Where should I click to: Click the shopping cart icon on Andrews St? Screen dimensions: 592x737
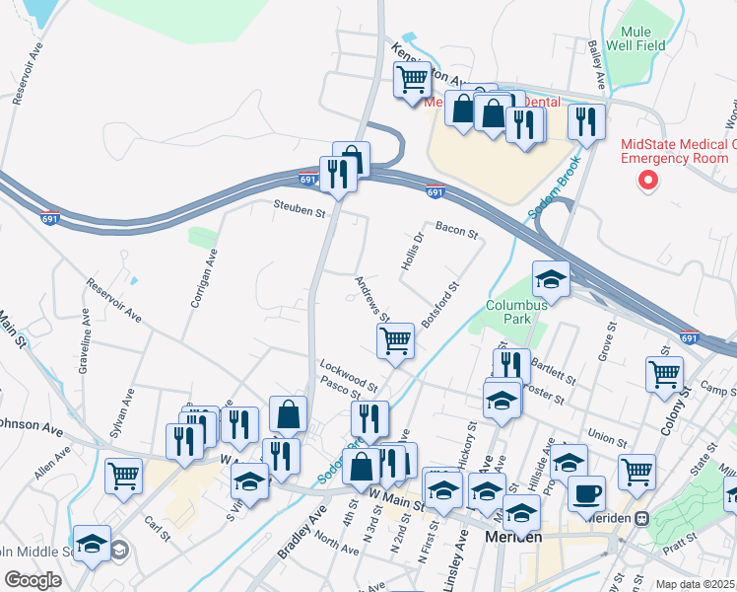(395, 341)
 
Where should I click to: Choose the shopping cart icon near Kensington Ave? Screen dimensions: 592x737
(412, 79)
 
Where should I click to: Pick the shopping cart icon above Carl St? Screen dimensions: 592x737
(123, 475)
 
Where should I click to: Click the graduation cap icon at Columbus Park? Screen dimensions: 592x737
(551, 279)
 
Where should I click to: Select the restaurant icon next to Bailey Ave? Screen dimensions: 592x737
(586, 121)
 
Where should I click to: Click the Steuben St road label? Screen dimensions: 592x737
(300, 210)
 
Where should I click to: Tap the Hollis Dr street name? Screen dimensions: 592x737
(412, 253)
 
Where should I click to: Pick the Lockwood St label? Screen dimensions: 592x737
(349, 374)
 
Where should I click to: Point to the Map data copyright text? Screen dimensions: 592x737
(696, 584)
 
